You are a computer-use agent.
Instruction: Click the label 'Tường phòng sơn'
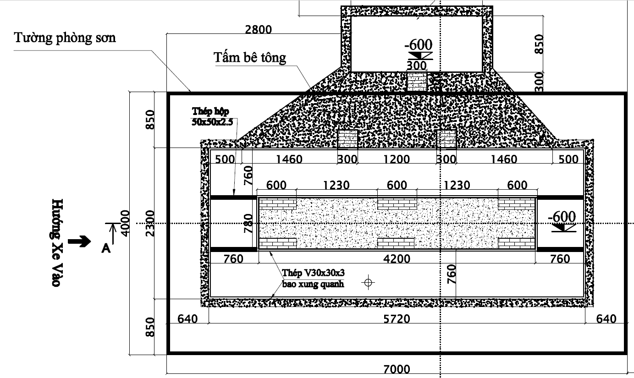tap(65, 38)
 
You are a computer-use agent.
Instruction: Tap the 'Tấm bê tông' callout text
tap(250, 58)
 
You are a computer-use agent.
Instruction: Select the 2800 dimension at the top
tap(258, 29)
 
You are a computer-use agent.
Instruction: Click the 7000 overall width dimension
tap(397, 369)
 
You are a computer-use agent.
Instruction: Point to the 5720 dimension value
tap(397, 319)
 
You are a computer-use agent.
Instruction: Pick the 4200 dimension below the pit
tap(397, 259)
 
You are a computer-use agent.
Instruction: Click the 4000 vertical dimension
tap(125, 223)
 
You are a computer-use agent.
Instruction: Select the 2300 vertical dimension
tap(150, 223)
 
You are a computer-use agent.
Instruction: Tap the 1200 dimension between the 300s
tap(396, 159)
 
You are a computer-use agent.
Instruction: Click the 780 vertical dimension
tap(248, 223)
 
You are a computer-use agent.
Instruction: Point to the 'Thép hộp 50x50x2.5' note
tap(212, 116)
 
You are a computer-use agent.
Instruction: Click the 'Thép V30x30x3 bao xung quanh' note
tap(313, 279)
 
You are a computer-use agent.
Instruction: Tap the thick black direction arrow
tap(79, 241)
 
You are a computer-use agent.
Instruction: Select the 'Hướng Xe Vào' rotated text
tap(57, 242)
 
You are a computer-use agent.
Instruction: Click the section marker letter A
tap(106, 248)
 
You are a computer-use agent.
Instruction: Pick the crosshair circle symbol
tap(368, 282)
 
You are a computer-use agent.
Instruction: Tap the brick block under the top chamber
tap(417, 82)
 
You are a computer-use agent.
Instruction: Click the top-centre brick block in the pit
tap(397, 204)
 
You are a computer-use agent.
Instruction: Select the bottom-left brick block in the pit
tap(278, 243)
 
